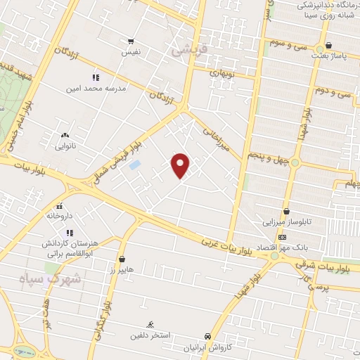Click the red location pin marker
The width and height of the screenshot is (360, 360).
click(181, 166)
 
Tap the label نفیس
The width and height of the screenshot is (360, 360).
click(132, 53)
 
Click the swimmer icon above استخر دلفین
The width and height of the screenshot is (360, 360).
click(150, 324)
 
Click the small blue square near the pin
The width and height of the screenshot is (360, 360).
click(135, 165)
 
